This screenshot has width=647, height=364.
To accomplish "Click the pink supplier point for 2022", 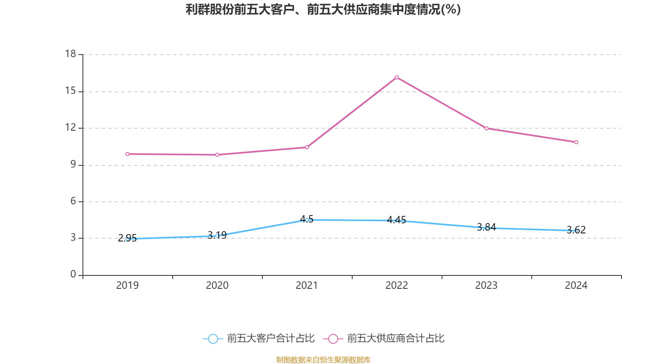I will click(397, 77).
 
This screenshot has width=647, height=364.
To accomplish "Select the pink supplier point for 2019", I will click(127, 154).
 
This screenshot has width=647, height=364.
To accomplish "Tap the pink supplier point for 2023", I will click(486, 128).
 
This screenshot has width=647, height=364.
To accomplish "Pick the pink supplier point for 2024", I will click(576, 142).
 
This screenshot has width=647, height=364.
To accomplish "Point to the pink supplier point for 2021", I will click(307, 147).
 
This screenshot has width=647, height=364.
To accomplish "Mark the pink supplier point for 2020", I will click(217, 154).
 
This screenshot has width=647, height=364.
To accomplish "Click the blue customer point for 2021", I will click(307, 220).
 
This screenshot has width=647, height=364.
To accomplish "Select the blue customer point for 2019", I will click(127, 239).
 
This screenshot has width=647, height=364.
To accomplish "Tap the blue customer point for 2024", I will click(576, 231).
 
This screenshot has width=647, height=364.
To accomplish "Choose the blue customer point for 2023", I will click(486, 228).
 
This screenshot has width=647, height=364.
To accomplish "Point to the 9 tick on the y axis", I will click(73, 165).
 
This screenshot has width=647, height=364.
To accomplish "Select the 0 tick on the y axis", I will click(73, 275).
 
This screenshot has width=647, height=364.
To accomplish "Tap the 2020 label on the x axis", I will click(217, 286).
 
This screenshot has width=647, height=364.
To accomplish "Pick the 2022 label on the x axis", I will click(397, 286).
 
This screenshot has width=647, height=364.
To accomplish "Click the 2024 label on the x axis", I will click(576, 286).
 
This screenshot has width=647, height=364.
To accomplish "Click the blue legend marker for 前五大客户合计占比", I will click(213, 339).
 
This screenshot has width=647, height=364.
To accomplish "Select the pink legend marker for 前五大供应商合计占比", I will click(333, 339).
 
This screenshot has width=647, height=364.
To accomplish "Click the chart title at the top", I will click(323, 9).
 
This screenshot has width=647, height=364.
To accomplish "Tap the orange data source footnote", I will click(323, 360).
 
